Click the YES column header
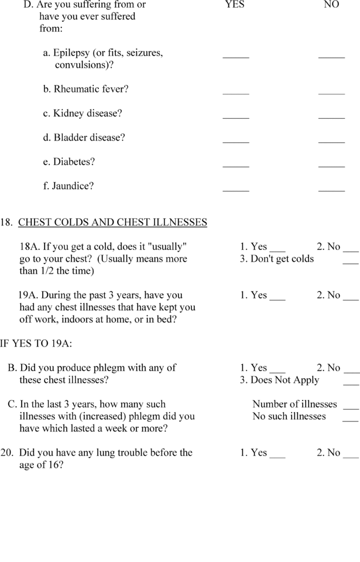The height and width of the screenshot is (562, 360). point(234,5)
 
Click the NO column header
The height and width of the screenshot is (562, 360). point(331,5)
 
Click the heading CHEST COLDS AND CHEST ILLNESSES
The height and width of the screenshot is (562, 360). point(112,222)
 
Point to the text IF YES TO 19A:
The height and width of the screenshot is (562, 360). point(36,344)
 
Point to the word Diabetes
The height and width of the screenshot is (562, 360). point(74,162)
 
